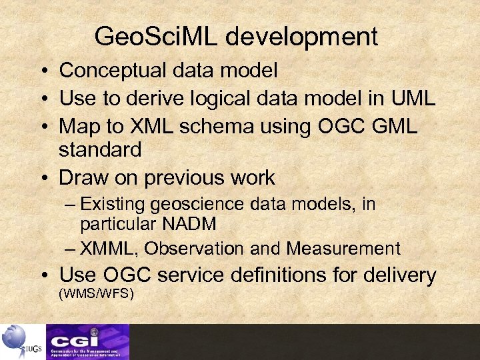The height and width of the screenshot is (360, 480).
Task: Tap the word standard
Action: pos(100,151)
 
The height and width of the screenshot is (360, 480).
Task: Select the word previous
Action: pos(187,178)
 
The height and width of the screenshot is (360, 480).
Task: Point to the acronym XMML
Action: pos(109,249)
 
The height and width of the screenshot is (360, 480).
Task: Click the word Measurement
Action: pos(343,249)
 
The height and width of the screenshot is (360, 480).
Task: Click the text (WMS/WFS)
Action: pos(97,293)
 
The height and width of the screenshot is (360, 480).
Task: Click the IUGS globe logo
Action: pos(20,341)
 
